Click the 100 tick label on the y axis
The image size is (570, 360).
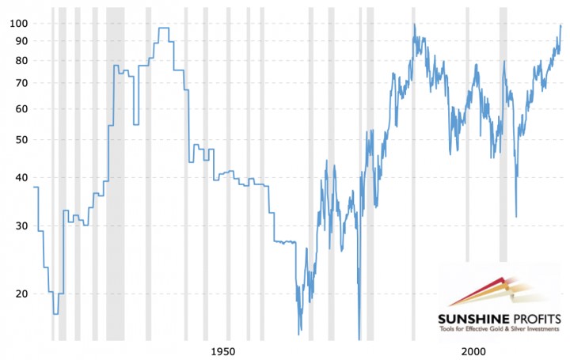click(x=18, y=23)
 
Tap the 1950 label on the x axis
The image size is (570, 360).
click(x=223, y=351)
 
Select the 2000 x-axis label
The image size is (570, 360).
click(x=473, y=351)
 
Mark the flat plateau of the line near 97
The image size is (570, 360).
click(x=163, y=28)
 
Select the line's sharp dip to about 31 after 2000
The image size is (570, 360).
click(x=516, y=216)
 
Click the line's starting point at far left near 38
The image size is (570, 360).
click(x=34, y=188)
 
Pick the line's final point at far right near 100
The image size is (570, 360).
click(x=560, y=25)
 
